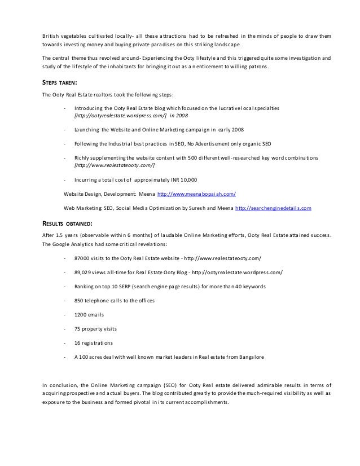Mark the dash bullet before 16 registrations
(65, 342)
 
